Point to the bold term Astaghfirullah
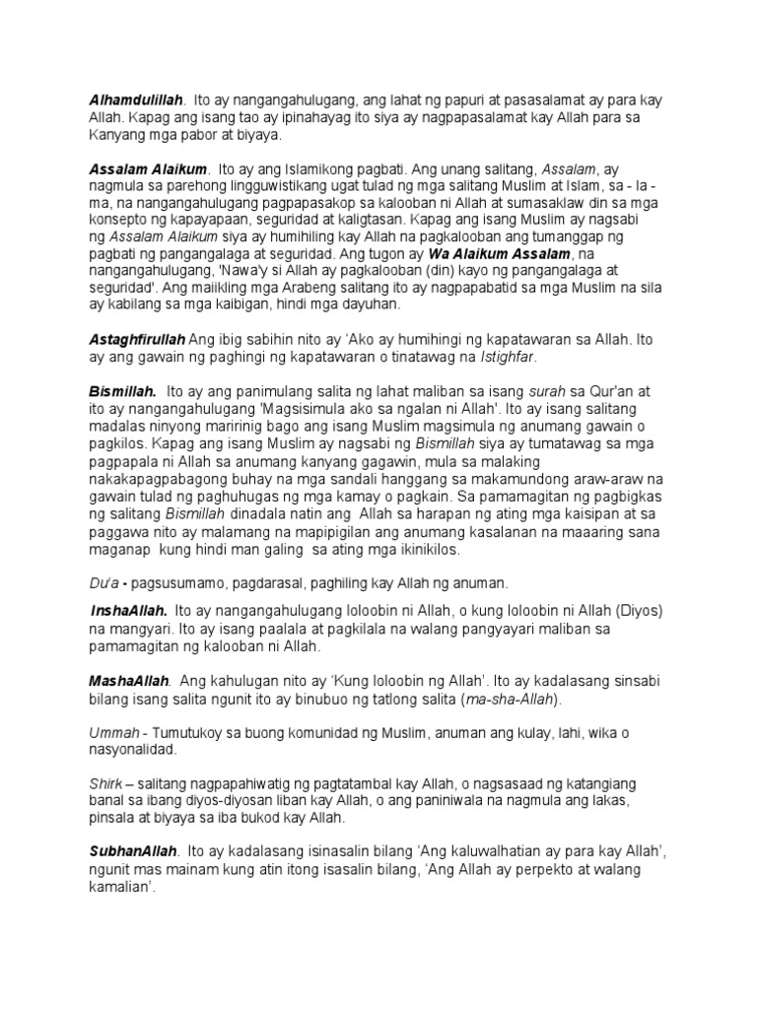[x=138, y=339]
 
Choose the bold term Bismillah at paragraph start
[x=122, y=391]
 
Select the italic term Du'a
[x=101, y=582]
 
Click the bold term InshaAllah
[x=128, y=611]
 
